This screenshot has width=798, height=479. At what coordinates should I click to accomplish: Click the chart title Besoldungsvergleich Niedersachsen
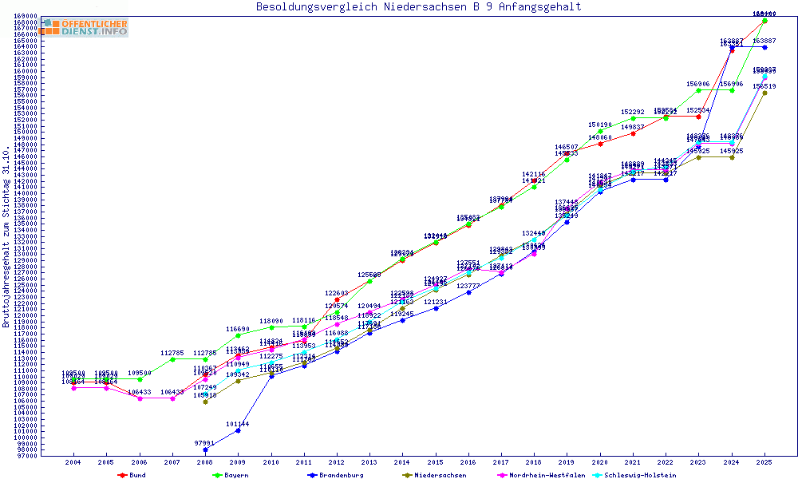(418, 7)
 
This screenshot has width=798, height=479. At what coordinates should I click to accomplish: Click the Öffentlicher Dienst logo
(85, 27)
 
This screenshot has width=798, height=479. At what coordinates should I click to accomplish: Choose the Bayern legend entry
(231, 475)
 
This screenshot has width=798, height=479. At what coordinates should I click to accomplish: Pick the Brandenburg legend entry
(336, 475)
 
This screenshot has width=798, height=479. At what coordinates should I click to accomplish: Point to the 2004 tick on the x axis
(73, 462)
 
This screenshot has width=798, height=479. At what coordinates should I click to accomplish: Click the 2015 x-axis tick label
(435, 462)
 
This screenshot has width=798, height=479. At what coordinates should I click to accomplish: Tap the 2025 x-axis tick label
(764, 462)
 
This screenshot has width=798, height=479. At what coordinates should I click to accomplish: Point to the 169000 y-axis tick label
(26, 16)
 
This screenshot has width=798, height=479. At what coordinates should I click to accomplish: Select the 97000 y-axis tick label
(26, 456)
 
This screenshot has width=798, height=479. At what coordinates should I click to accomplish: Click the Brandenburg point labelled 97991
(205, 449)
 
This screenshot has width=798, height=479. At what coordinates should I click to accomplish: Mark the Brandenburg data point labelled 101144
(238, 430)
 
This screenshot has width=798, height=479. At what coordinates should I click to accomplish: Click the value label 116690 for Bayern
(238, 329)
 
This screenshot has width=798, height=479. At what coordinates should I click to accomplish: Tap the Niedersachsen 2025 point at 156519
(764, 93)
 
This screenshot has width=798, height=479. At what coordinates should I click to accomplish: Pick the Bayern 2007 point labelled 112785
(172, 359)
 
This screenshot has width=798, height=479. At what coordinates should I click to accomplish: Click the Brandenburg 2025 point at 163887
(764, 47)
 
